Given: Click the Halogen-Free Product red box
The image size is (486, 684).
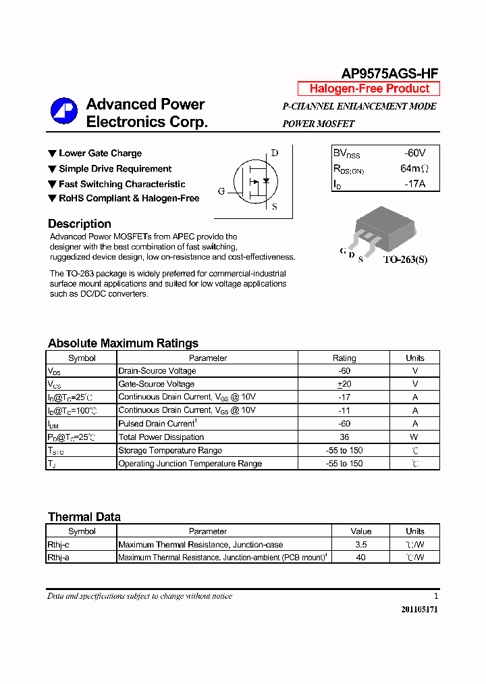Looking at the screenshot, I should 369,89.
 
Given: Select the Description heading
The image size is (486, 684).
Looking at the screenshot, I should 80,224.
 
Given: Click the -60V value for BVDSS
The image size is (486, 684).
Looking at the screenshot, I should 414,153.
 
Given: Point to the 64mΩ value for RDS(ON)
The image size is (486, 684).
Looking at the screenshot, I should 414,168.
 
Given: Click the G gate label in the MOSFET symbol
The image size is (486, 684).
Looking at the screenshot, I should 221,191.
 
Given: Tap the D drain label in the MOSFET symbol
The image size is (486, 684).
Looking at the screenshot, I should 275,153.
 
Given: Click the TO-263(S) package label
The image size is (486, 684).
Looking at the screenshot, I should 405,260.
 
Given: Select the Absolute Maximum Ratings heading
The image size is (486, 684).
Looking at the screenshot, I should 123,343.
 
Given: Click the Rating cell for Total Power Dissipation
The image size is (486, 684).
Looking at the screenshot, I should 344,437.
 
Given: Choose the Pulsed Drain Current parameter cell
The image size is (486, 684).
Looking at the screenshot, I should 157,424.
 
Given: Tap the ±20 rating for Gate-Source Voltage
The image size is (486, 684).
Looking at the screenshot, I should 344,384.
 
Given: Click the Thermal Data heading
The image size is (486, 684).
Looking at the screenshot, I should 84,516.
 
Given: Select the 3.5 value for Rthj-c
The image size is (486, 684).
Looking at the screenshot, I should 361,544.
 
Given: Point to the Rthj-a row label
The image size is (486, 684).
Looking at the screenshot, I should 59,558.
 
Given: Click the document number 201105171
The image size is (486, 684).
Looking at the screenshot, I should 419,609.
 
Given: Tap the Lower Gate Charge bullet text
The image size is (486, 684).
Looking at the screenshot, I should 100,153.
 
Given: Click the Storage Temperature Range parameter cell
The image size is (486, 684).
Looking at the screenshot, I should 170,450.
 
